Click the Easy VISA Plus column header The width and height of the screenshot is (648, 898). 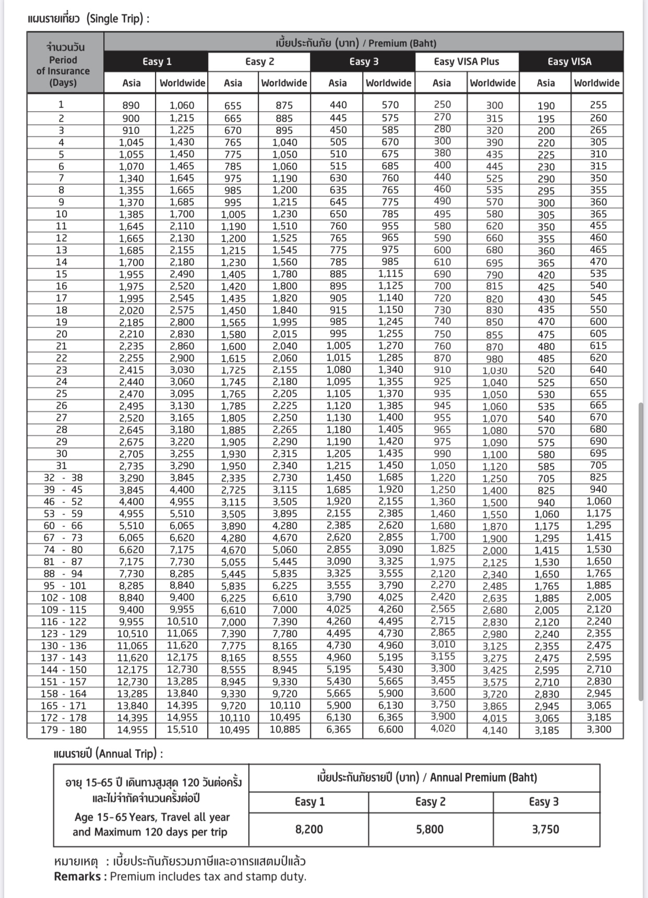pyautogui.click(x=466, y=62)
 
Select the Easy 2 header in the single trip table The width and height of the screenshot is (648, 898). pyautogui.click(x=259, y=62)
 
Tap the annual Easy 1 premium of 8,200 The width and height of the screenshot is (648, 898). pyautogui.click(x=309, y=829)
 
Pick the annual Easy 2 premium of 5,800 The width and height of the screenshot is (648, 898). pyautogui.click(x=430, y=829)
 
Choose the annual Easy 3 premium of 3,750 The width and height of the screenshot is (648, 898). pyautogui.click(x=545, y=829)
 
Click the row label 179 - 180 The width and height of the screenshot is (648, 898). pyautogui.click(x=64, y=730)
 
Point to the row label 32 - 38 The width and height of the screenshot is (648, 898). pyautogui.click(x=64, y=478)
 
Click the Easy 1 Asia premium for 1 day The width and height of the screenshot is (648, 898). pyautogui.click(x=130, y=105)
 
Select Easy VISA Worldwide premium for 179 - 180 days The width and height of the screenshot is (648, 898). pyautogui.click(x=598, y=729)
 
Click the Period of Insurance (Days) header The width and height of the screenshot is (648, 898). pyautogui.click(x=63, y=65)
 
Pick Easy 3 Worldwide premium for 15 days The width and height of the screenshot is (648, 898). pyautogui.click(x=390, y=274)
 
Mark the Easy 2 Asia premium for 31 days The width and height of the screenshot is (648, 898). pyautogui.click(x=233, y=466)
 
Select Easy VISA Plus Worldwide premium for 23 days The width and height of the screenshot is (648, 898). pyautogui.click(x=494, y=370)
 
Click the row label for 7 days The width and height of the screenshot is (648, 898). pyautogui.click(x=62, y=178)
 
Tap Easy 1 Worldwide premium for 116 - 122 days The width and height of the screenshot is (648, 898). pyautogui.click(x=182, y=621)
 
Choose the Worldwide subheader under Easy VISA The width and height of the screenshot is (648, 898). pyautogui.click(x=596, y=82)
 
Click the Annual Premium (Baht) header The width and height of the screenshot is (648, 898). pyautogui.click(x=427, y=777)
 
